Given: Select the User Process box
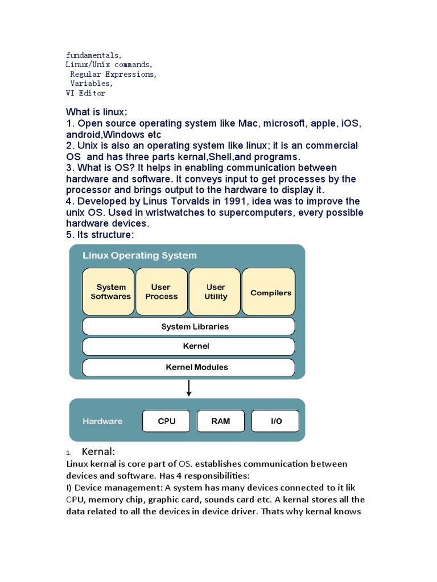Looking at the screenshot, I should (x=161, y=292).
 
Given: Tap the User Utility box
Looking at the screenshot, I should (x=215, y=292).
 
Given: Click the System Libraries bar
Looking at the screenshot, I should (x=188, y=327).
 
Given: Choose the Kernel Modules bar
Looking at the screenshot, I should (x=188, y=367).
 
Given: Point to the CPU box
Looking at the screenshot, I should (x=166, y=421).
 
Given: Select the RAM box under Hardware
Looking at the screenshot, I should (x=221, y=421).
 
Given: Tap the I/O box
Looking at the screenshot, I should (x=275, y=421).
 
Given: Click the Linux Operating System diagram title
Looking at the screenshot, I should (x=139, y=256).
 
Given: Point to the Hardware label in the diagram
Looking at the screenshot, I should (x=102, y=421).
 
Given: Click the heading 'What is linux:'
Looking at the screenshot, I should (x=97, y=112).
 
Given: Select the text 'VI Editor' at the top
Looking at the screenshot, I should (x=85, y=93).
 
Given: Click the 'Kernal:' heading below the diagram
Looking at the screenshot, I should (x=98, y=452).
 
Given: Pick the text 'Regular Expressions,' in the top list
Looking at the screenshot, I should (x=113, y=74).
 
